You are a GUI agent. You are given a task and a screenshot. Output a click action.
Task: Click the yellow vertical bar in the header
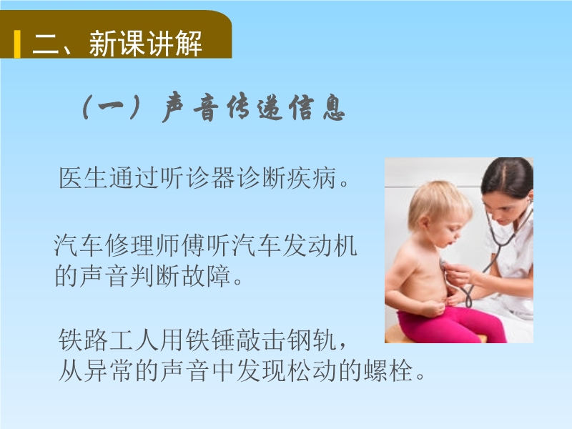[x=17, y=44]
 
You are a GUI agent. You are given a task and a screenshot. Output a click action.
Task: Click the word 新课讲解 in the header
[x=146, y=44]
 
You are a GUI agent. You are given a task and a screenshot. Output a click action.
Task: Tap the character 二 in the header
[x=46, y=44]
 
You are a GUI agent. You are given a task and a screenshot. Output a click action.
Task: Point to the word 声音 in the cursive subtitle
[x=190, y=107]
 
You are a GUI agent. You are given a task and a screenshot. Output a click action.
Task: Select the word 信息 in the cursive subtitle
[x=317, y=107]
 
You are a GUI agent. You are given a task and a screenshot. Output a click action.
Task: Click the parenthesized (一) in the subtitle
[x=112, y=107]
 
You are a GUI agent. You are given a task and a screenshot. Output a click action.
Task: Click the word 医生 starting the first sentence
[x=83, y=178]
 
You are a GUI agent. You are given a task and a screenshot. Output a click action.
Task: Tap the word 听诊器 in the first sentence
[x=197, y=178]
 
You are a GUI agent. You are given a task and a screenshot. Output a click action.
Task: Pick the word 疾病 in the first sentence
[x=311, y=178]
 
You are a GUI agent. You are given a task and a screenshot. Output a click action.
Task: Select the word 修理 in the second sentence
[x=129, y=245]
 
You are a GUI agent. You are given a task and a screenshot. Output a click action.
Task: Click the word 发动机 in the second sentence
[x=320, y=245]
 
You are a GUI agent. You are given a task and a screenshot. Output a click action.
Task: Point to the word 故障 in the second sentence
[x=206, y=276]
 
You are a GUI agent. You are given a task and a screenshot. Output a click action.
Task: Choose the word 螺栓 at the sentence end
[x=388, y=370]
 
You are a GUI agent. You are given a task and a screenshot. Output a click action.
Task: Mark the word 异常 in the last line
[x=108, y=370]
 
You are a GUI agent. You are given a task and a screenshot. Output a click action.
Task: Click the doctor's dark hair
[x=508, y=176]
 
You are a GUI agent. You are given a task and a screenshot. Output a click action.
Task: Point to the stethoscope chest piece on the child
[x=443, y=264]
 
